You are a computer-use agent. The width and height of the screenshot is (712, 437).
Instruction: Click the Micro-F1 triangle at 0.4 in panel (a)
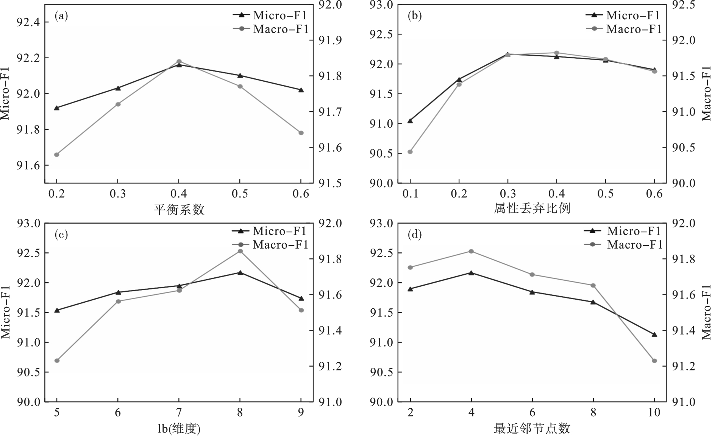click(x=179, y=65)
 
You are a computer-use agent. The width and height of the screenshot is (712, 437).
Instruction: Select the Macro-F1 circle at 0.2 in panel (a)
click(x=57, y=154)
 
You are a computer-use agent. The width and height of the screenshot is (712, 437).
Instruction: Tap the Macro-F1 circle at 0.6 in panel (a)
click(x=301, y=133)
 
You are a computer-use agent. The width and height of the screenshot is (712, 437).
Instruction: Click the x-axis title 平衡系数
click(x=179, y=209)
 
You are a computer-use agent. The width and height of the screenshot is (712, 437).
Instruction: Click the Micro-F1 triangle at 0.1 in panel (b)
click(x=410, y=121)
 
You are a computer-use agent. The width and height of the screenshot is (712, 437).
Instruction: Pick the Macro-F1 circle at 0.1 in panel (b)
click(x=410, y=152)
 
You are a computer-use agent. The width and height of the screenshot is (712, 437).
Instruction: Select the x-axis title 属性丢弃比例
click(x=532, y=208)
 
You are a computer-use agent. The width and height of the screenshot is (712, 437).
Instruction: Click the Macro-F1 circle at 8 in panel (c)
click(x=240, y=251)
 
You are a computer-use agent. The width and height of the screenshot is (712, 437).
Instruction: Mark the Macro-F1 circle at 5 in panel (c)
click(x=57, y=361)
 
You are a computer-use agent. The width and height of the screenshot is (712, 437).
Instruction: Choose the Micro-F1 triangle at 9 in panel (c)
click(x=301, y=299)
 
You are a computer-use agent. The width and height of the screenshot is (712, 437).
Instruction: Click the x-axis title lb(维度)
click(x=179, y=429)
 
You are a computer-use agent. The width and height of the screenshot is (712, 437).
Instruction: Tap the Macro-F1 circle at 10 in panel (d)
click(x=654, y=361)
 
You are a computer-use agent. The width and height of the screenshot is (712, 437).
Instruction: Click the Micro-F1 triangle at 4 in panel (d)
click(x=471, y=272)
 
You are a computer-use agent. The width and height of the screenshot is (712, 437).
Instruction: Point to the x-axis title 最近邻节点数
click(x=532, y=429)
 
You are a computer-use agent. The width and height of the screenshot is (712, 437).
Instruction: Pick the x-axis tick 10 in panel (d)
click(x=654, y=412)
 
